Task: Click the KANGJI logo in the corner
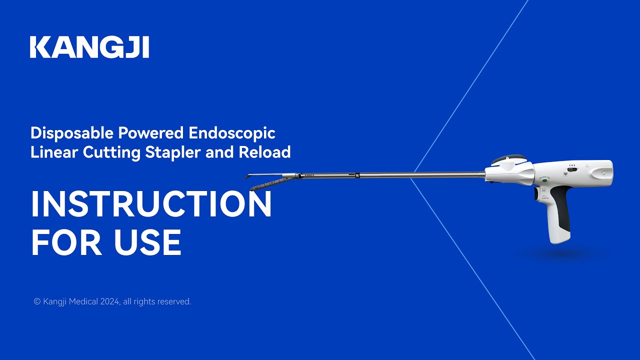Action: click(x=89, y=47)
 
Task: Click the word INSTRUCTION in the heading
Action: click(x=151, y=204)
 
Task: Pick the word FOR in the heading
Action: click(x=68, y=242)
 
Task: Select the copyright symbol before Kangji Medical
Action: click(x=37, y=301)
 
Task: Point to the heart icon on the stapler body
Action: click(x=565, y=175)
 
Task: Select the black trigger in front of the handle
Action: click(x=537, y=192)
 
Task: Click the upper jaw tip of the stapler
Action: click(x=250, y=175)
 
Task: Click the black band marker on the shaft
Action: click(x=357, y=175)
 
